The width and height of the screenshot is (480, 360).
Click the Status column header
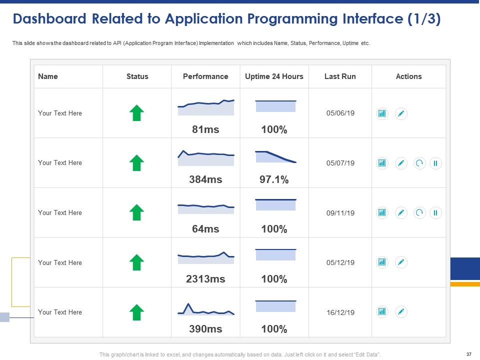click(x=137, y=76)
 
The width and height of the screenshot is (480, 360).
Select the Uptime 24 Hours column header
click(x=274, y=76)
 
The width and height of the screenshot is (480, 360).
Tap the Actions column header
click(x=408, y=76)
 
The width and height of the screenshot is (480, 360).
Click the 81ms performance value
click(x=205, y=129)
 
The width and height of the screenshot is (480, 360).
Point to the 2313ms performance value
click(x=205, y=279)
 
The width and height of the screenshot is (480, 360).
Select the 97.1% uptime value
click(x=274, y=179)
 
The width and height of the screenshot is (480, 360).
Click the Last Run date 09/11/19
click(x=340, y=213)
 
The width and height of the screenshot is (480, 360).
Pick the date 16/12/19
click(x=340, y=312)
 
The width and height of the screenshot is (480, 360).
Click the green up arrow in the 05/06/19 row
click(x=136, y=113)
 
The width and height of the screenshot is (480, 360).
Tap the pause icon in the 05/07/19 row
click(x=435, y=163)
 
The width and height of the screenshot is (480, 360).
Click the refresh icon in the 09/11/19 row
click(x=419, y=213)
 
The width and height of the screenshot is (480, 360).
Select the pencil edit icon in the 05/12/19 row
click(x=401, y=262)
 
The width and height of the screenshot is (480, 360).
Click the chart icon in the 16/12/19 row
click(x=382, y=312)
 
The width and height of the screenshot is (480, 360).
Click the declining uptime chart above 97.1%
click(x=275, y=156)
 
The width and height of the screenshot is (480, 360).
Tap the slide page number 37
click(x=468, y=354)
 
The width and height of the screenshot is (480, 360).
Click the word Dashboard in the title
click(x=48, y=19)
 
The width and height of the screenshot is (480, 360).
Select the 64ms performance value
click(x=205, y=229)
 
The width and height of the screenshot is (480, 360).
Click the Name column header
click(x=48, y=76)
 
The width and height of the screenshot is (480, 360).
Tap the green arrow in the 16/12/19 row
click(x=136, y=312)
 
